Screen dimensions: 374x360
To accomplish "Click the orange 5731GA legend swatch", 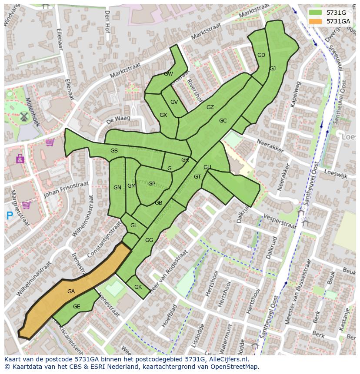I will coord(316,21).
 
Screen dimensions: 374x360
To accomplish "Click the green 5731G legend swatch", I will coord(316,13).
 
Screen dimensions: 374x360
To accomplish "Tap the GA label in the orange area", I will coord(71,291).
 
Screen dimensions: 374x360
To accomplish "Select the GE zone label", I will coord(77,307).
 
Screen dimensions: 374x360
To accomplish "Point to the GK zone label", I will coord(138,287).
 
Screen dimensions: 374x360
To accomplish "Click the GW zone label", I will coord(168,74).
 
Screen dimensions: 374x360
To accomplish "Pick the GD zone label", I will coord(261,55).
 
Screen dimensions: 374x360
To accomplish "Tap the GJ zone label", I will coord(273,69).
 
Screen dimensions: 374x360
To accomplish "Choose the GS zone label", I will coord(114,151).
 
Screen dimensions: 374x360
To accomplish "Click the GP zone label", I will coord(151,184).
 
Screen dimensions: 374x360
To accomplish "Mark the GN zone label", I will coord(117,188).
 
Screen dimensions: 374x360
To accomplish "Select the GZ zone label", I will coord(210,107).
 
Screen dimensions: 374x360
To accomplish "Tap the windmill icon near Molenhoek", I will coord(23,116).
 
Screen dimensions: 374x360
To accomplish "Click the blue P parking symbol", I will coord(10,215).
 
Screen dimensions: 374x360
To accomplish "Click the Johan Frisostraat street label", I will coord(66,189).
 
